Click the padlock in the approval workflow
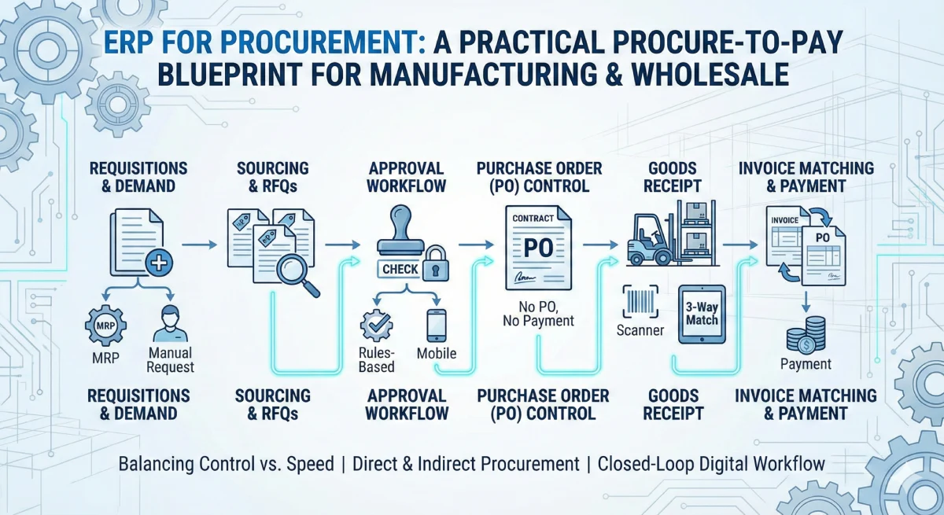[x=434, y=267]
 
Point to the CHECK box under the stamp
[x=400, y=269]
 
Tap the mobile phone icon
[x=436, y=325]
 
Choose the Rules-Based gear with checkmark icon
[x=376, y=326]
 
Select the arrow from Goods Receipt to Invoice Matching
[x=737, y=246]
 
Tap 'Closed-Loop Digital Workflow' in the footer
[x=711, y=463]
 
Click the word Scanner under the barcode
[x=640, y=330]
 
